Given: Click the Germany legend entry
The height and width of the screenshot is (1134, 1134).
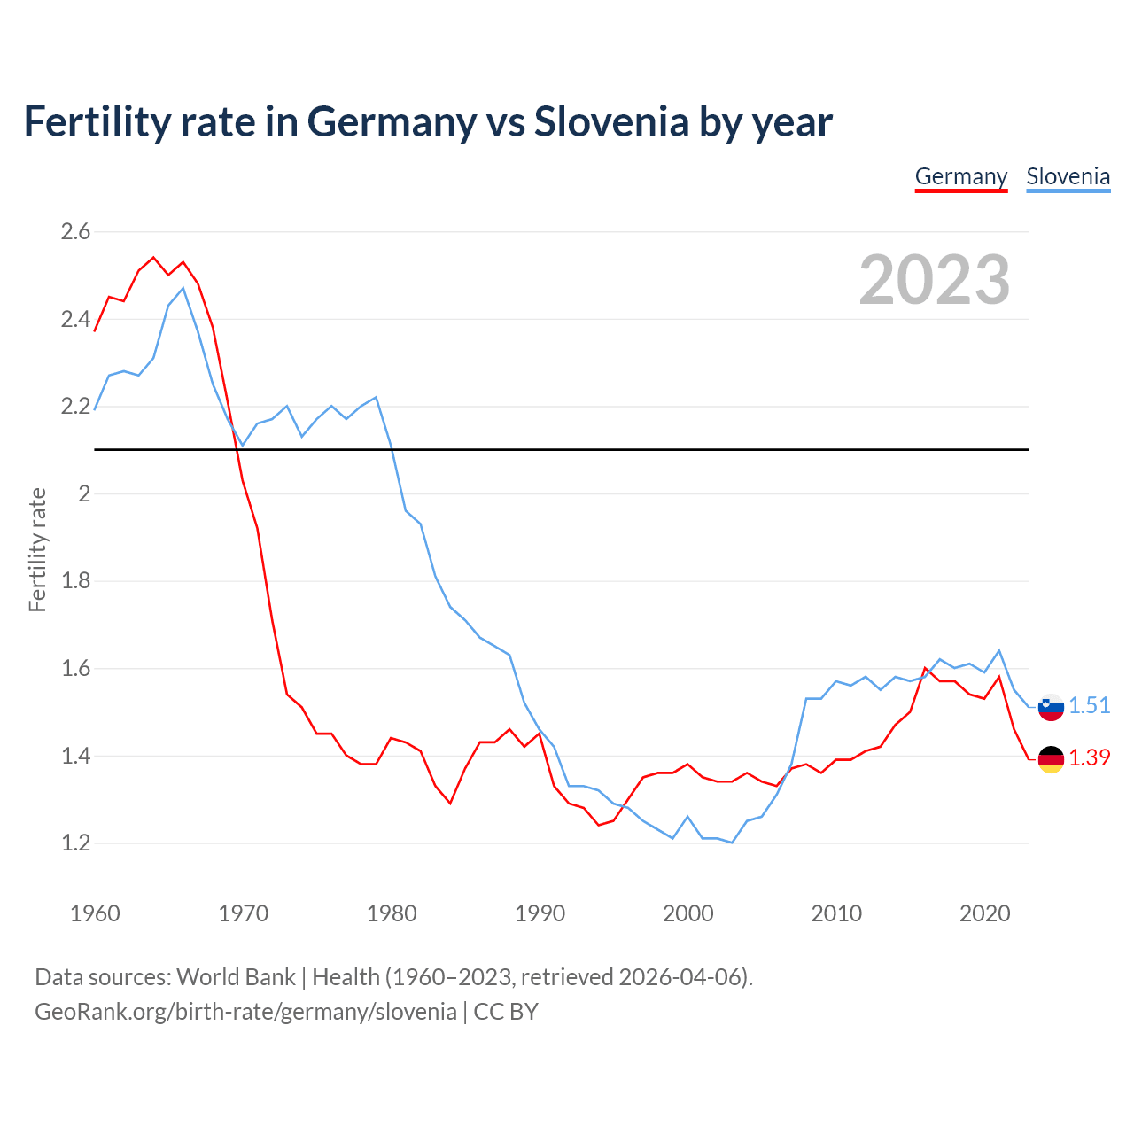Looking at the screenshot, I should (961, 176).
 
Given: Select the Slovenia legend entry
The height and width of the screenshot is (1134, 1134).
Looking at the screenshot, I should (1068, 176).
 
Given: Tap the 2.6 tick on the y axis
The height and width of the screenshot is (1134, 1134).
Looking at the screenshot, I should (75, 232).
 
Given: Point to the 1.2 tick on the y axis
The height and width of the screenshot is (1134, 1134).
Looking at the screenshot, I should (75, 843).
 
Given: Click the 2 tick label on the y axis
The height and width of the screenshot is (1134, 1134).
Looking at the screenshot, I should (84, 493).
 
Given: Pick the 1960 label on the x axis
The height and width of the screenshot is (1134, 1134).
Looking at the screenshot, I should (95, 913).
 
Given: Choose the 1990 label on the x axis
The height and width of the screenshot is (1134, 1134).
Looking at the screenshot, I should (540, 913).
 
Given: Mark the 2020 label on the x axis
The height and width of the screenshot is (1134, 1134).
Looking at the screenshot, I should (984, 913).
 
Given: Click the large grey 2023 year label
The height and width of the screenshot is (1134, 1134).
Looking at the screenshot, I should (935, 280).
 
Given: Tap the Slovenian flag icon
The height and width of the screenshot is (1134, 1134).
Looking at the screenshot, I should (1051, 707).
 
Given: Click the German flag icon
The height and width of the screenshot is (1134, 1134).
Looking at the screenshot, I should (1051, 759).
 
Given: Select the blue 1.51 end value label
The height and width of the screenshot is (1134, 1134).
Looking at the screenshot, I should (1089, 705).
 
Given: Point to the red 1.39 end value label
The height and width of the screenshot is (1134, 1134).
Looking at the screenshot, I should (1089, 757).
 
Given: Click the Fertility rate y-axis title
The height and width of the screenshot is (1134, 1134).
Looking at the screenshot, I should (37, 549).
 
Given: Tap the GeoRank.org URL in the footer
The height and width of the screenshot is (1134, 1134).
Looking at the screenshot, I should (245, 1012).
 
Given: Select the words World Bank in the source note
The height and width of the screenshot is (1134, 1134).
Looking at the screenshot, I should (236, 976).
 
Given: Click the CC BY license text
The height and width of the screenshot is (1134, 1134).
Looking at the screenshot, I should (506, 1012).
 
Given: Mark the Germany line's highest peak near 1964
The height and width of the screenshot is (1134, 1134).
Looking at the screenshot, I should (153, 258).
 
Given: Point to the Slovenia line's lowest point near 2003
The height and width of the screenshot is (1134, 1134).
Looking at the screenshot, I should (732, 843).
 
